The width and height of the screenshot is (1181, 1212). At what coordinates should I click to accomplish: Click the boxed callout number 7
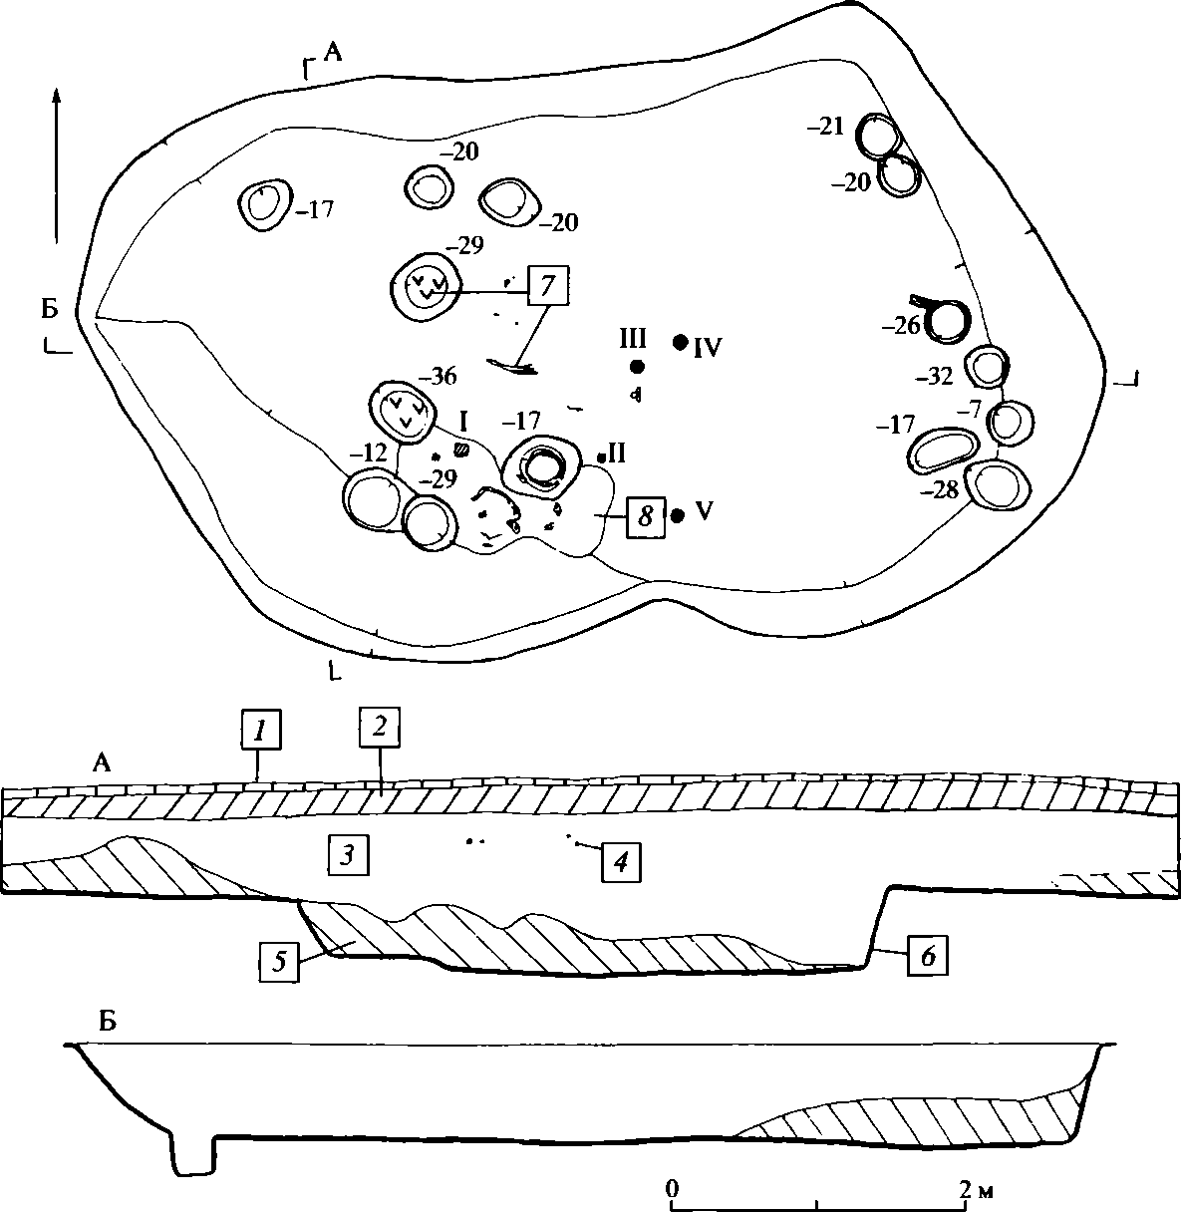(548, 285)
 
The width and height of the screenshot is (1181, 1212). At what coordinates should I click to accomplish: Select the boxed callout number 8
(646, 516)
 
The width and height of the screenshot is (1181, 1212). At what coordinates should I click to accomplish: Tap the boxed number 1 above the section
(260, 730)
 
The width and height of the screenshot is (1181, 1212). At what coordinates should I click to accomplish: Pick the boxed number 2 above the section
(379, 727)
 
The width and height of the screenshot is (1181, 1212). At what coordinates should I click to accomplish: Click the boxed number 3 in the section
(348, 855)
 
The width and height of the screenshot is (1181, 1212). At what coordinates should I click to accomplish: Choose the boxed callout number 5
(279, 962)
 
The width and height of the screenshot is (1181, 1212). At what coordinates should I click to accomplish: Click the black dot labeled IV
(680, 342)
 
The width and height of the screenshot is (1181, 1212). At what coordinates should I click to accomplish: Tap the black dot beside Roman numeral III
(637, 367)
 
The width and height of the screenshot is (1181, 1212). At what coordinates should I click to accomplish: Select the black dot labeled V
(678, 515)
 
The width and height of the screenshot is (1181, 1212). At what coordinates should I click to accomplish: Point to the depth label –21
(825, 127)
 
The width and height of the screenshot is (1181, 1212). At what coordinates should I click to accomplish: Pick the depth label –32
(934, 377)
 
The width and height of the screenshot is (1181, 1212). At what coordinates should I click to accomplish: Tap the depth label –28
(939, 490)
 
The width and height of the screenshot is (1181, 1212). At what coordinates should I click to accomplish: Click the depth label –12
(369, 454)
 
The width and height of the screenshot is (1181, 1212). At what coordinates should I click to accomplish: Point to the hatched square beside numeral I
(461, 449)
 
